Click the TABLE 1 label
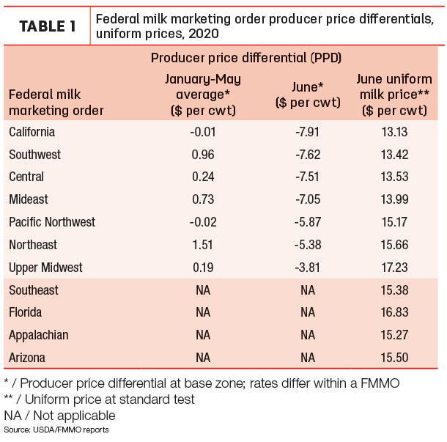(x=48, y=26)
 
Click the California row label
(x=32, y=132)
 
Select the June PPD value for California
(x=308, y=132)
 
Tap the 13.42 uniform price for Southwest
(x=394, y=155)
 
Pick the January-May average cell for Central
(x=203, y=177)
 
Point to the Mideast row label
(x=29, y=199)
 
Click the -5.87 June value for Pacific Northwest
(x=308, y=222)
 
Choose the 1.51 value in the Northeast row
(x=203, y=245)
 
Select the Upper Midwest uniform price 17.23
(x=394, y=268)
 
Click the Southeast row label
(x=34, y=290)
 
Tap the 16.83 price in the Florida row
(x=394, y=312)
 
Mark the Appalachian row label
(x=39, y=336)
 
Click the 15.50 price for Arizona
(x=394, y=358)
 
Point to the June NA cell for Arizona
(x=308, y=358)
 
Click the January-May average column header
(x=203, y=95)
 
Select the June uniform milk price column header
(x=394, y=95)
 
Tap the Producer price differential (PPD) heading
(x=246, y=58)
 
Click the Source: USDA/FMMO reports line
(x=56, y=430)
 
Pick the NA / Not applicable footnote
(x=59, y=416)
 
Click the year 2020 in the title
(x=204, y=34)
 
